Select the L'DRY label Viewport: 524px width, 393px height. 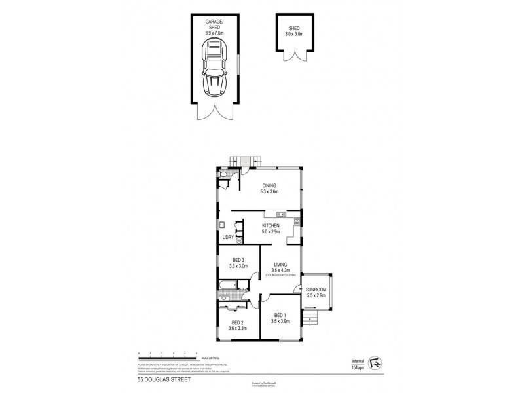228,236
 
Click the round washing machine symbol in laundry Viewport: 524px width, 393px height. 239,240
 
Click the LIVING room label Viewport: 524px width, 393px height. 280,264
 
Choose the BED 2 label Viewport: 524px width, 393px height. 236,323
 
